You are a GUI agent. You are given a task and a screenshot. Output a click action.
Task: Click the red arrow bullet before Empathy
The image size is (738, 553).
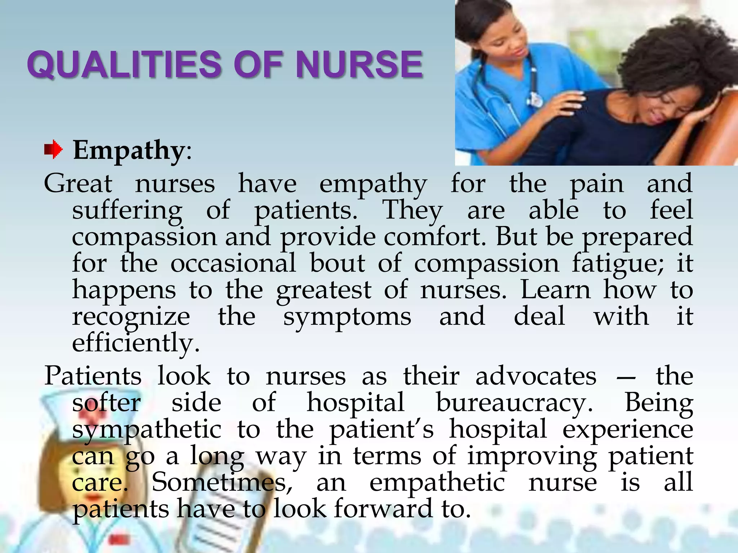tap(53, 150)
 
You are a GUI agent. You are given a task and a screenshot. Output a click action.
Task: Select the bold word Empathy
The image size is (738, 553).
tap(129, 150)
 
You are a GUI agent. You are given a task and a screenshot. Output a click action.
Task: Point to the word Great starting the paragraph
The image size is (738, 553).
tap(78, 184)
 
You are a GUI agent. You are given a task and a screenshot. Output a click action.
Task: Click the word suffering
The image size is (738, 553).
tap(127, 210)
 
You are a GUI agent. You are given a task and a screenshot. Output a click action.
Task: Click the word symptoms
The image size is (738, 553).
tap(347, 317)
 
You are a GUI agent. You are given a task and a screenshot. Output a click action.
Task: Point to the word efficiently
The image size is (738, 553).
tap(135, 343)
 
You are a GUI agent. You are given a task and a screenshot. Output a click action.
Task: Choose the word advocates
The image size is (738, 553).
tap(536, 377)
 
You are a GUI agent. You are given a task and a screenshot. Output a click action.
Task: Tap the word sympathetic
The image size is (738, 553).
tap(147, 430)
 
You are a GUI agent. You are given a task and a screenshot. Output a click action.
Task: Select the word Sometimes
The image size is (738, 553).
tap(222, 482)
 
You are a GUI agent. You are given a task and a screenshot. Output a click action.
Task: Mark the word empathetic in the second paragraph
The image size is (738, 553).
tap(437, 482)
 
